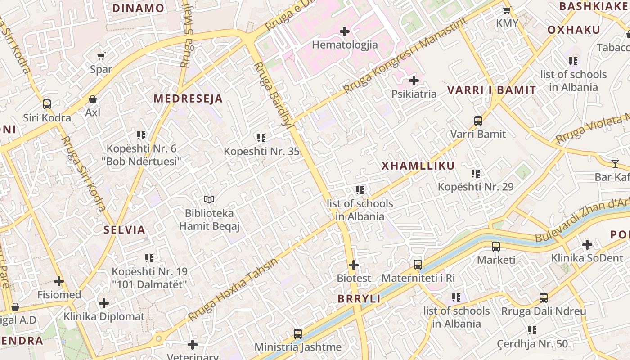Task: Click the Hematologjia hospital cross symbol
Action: pos(345,31)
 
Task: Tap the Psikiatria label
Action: pos(414,94)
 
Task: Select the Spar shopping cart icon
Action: pos(101,56)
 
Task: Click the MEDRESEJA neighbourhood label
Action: pos(188,99)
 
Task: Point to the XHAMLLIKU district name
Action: pos(418,166)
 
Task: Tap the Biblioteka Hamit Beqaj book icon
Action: pos(209,199)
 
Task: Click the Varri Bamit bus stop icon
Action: pos(478,121)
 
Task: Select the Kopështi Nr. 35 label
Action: pos(261,151)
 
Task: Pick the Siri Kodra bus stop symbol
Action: pos(47,104)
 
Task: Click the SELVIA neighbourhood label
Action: pos(125,230)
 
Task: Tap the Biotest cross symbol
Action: pos(354,265)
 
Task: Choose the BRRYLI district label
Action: pos(359,298)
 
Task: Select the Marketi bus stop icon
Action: pos(496,247)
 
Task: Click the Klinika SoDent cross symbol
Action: pos(587,245)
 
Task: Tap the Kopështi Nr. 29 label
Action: pos(476,187)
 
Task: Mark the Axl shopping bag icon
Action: pos(93,99)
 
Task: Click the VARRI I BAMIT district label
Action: pos(491,90)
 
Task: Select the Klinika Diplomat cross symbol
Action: pos(104,303)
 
